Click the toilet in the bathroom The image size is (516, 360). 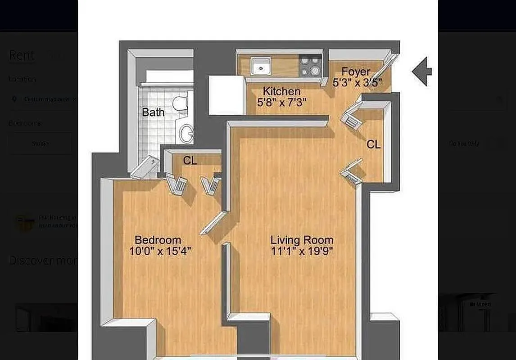181,103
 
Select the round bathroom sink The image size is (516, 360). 186,133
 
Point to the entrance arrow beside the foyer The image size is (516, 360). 422,71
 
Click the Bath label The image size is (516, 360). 153,112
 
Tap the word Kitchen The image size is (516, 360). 282,91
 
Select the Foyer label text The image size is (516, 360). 356,72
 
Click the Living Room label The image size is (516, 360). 302,240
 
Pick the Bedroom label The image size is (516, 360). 158,240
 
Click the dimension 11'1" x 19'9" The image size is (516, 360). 302,252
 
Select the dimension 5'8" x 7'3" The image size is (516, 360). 282,103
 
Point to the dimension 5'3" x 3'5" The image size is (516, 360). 357,83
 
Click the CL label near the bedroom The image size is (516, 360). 190,161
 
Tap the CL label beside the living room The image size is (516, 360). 373,144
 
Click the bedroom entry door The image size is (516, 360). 213,223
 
